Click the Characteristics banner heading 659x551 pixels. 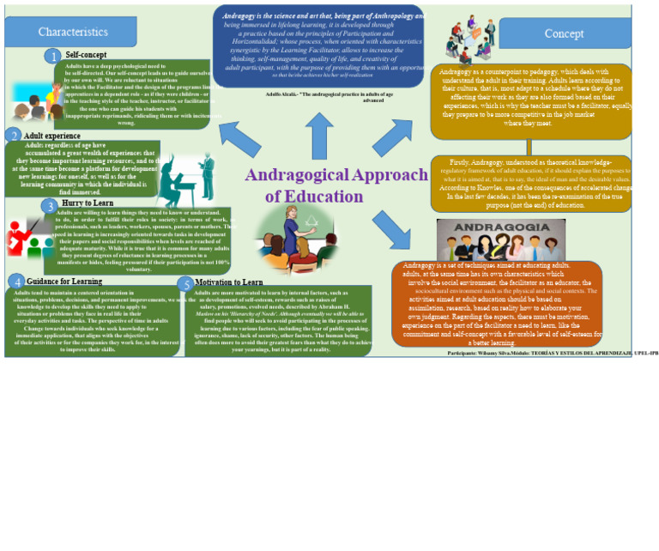(73, 32)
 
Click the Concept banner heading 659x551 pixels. (564, 33)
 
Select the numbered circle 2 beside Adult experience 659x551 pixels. (13, 136)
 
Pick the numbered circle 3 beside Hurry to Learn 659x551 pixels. (50, 206)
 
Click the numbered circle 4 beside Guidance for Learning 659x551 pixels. (16, 282)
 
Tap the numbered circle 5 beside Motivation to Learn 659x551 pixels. (185, 284)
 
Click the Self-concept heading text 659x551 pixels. (86, 54)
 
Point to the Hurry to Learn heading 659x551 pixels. (88, 203)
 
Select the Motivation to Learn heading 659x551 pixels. (229, 282)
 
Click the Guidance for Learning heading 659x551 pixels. (64, 281)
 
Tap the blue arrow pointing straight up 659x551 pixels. (319, 135)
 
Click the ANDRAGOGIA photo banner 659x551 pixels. (500, 239)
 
